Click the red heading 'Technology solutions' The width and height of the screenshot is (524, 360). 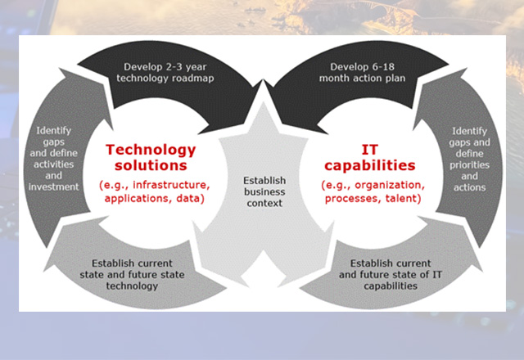(x=151, y=157)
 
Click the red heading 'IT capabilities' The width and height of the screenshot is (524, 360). (x=369, y=157)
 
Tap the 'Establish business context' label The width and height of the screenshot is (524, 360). (x=264, y=191)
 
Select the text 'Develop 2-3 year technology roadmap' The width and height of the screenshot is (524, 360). (x=165, y=73)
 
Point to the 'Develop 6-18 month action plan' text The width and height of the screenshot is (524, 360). (x=362, y=73)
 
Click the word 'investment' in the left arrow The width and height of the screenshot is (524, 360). (x=53, y=187)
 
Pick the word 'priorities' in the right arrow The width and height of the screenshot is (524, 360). (x=469, y=165)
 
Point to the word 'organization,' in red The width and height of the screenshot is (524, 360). (x=390, y=186)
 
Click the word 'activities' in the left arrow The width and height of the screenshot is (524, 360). (x=53, y=164)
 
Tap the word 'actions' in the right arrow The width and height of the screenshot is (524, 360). (x=469, y=187)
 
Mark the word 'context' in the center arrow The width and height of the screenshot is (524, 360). (x=264, y=203)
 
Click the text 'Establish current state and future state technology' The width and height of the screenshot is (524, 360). (x=132, y=275)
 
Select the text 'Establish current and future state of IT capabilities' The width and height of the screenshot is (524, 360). (x=391, y=275)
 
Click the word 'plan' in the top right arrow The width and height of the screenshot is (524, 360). (x=396, y=79)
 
